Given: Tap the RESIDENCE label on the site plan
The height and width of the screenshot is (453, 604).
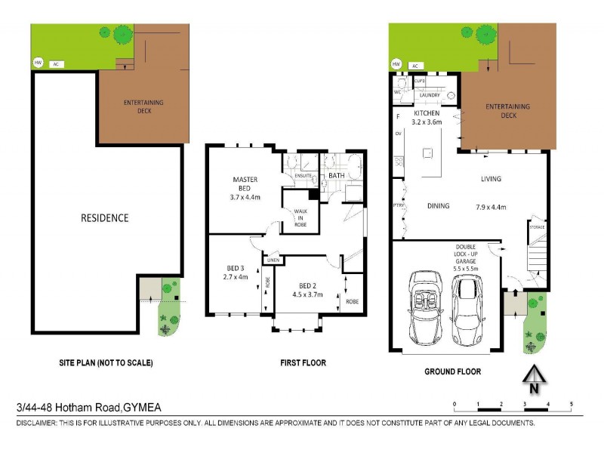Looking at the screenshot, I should coord(105,218).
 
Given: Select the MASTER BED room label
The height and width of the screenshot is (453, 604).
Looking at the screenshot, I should coord(245,183).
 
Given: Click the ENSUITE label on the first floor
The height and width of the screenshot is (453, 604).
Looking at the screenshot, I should coord(304,176).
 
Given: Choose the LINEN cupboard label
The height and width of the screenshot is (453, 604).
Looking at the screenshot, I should coord(273,260).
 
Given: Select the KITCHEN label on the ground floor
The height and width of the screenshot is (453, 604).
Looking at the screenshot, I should coord(427,112).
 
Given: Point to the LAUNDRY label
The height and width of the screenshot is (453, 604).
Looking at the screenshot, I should coord(430,96).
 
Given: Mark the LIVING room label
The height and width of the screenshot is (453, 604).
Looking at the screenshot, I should coord(491,179).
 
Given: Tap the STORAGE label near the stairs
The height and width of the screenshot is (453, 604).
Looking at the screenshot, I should coord(536,227).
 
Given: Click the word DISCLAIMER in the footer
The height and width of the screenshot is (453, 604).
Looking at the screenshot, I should coord(36,424).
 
